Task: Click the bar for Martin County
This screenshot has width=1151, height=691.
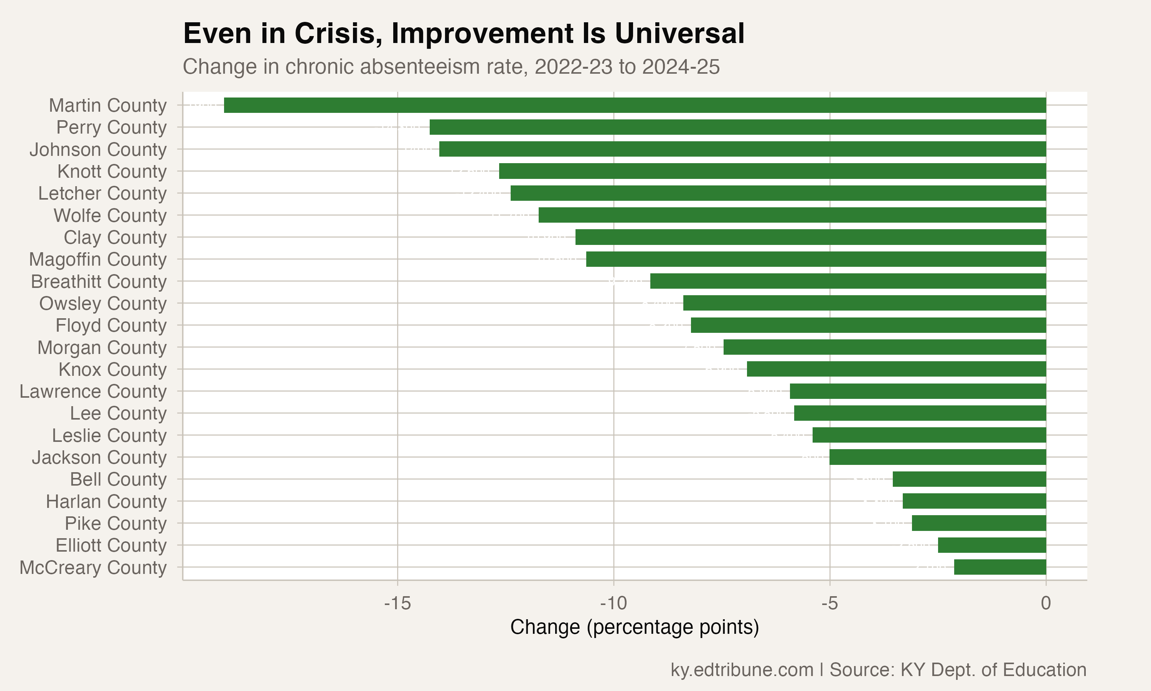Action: point(635,105)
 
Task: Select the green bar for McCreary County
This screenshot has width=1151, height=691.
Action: point(1000,567)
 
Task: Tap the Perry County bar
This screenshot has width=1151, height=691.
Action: point(738,127)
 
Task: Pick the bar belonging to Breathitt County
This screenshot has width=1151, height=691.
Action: point(848,281)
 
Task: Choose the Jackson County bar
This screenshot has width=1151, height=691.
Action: point(938,457)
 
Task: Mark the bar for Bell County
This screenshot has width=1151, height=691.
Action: point(970,479)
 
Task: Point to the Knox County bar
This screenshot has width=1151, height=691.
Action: point(897,369)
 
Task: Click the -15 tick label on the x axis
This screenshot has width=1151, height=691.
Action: point(397,603)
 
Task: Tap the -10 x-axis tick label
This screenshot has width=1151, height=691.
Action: point(613,603)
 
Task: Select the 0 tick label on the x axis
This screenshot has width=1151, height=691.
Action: point(1046,603)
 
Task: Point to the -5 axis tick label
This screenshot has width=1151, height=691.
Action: point(829,603)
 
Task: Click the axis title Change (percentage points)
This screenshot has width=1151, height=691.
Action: point(635,627)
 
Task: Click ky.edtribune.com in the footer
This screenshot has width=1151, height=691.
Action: point(742,670)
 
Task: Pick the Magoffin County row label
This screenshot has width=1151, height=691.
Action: point(98,260)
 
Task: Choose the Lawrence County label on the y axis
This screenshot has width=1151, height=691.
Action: point(93,392)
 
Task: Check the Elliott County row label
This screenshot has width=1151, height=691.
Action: point(111,545)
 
